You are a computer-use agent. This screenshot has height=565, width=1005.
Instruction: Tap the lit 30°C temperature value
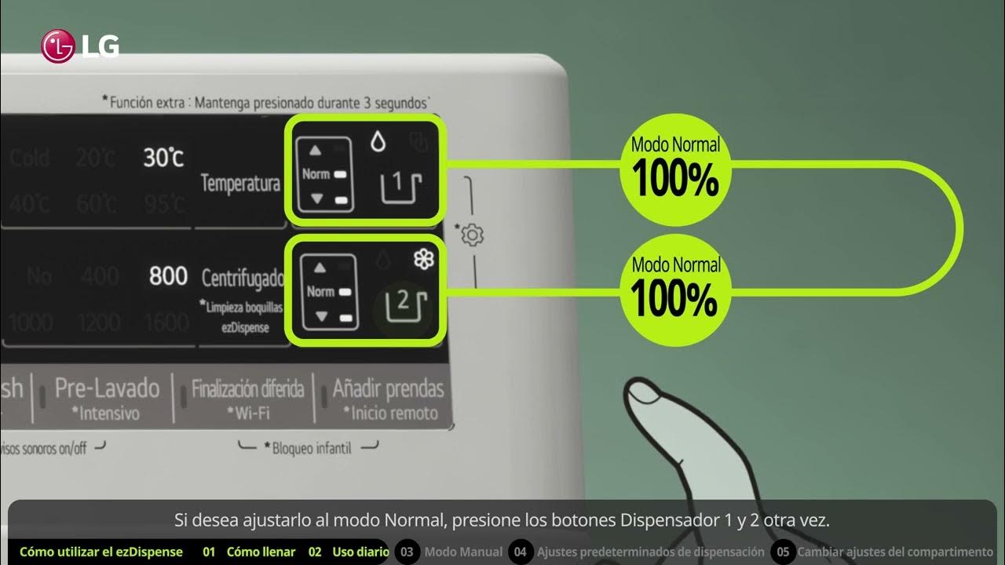[163, 158]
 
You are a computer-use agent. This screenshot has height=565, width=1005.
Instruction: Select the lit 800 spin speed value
[168, 276]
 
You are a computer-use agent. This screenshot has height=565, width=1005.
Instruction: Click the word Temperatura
[240, 184]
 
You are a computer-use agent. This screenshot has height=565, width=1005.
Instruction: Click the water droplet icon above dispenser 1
[378, 141]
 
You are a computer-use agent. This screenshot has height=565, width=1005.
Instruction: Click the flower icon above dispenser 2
[424, 260]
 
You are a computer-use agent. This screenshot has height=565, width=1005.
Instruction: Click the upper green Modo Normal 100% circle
[675, 166]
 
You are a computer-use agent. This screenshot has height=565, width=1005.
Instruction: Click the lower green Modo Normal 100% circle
[675, 286]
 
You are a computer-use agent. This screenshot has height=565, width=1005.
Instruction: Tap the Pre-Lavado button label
[107, 388]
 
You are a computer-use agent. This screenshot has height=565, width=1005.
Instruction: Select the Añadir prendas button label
[388, 388]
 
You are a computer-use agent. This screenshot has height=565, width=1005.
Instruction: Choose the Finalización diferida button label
[247, 389]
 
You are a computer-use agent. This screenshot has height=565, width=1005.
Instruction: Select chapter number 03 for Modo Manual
[407, 552]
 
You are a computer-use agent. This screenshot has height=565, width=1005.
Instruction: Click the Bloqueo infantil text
[312, 448]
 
